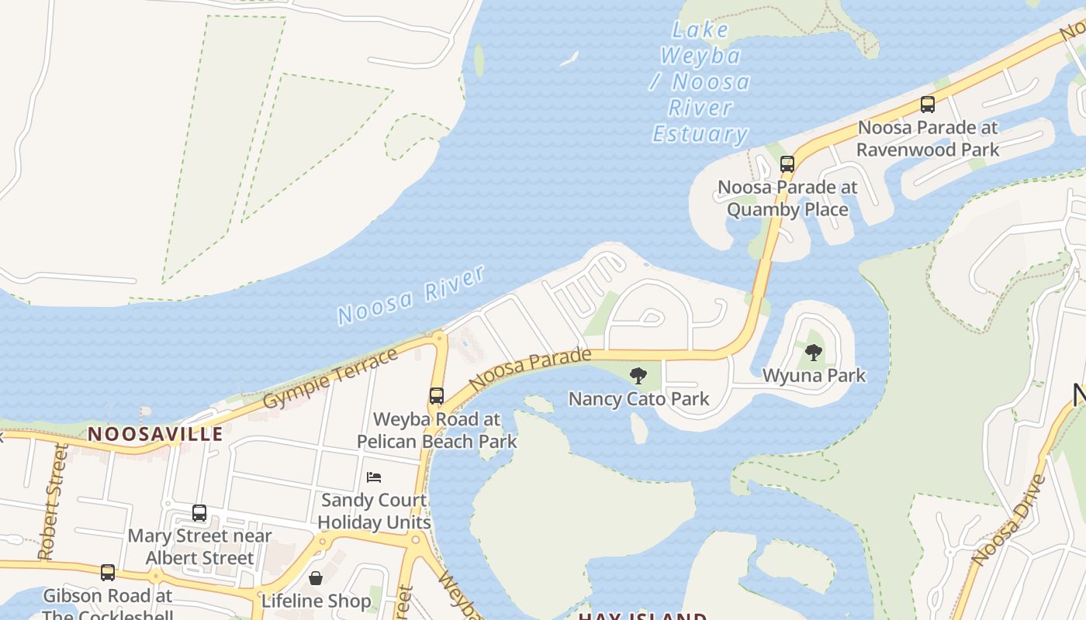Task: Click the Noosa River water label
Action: pos(411,295)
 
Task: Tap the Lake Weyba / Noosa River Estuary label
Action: pos(701,83)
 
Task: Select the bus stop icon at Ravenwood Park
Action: pos(927,104)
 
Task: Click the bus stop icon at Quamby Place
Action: pos(787,164)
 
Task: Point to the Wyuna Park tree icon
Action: pos(813,353)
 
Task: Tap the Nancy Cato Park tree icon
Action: pos(638,377)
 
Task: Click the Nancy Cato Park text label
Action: pos(638,399)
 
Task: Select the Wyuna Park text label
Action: pos(814,376)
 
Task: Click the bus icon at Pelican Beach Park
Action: pos(437,396)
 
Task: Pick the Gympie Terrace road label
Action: pos(331,378)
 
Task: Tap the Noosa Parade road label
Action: pos(530,369)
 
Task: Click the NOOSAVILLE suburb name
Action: pos(155,434)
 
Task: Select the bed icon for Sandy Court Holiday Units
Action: pos(374,477)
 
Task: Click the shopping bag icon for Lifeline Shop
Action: pos(316,578)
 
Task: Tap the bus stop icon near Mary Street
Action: pos(199,513)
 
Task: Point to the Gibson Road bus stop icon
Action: pos(108,573)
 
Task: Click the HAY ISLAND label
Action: pos(642,616)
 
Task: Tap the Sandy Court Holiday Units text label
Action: pos(374,511)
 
